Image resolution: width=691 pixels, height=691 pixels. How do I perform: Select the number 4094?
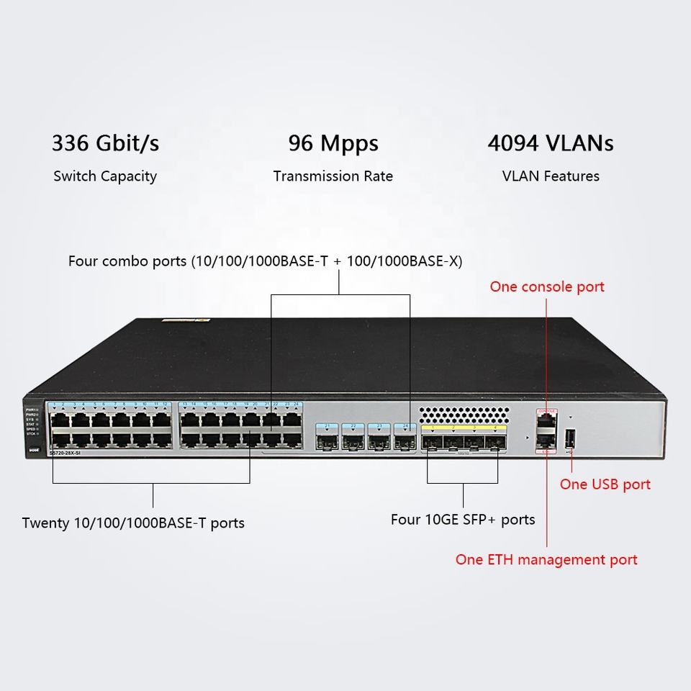point(512,143)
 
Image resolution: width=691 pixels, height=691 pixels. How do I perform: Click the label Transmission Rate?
point(333,176)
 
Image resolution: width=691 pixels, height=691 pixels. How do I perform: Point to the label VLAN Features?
point(551,176)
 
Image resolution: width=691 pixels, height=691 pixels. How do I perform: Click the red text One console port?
point(547,286)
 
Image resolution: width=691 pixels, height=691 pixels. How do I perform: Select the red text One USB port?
point(605,484)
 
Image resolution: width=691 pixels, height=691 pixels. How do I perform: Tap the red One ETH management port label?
point(546,560)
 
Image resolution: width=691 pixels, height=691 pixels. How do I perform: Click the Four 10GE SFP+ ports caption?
point(463,520)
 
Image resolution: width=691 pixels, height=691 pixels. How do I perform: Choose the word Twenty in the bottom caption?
point(45,523)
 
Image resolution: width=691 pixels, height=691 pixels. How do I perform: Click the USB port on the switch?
point(570,438)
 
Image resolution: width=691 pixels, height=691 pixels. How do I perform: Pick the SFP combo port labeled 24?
point(404,435)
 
